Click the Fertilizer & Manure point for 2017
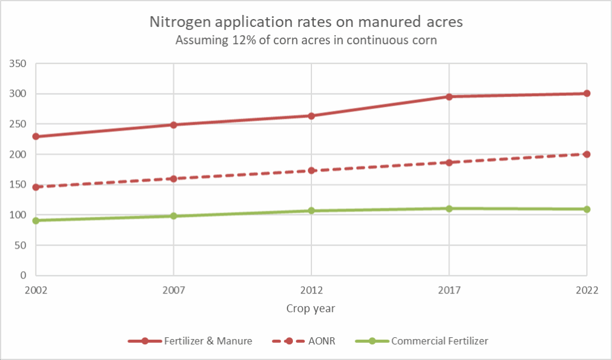pyautogui.click(x=449, y=96)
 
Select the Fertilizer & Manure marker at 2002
pyautogui.click(x=36, y=136)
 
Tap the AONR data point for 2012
pyautogui.click(x=311, y=170)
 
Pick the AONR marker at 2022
pyautogui.click(x=587, y=154)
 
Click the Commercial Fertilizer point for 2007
pyautogui.click(x=173, y=216)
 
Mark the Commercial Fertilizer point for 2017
pyautogui.click(x=449, y=209)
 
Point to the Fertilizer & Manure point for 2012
pyautogui.click(x=311, y=115)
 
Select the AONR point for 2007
pyautogui.click(x=173, y=179)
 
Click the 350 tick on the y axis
pyautogui.click(x=20, y=63)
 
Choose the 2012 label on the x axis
pyautogui.click(x=311, y=290)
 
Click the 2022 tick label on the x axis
pyautogui.click(x=587, y=290)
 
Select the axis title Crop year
pyautogui.click(x=311, y=309)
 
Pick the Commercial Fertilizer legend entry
pyautogui.click(x=439, y=341)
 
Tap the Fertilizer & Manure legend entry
pyautogui.click(x=208, y=341)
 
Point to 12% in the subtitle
pyautogui.click(x=235, y=41)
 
